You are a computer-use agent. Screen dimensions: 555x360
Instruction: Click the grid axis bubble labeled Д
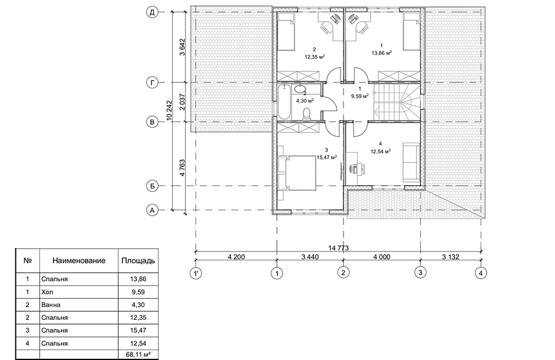coord(152,12)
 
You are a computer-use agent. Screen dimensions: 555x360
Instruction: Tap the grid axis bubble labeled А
coord(152,210)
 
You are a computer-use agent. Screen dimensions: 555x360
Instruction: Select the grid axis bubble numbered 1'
coord(196,273)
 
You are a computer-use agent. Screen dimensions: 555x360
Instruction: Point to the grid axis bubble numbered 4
coord(481,273)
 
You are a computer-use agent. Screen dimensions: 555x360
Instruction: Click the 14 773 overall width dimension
coord(338,248)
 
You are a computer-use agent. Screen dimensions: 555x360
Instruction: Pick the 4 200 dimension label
coord(236,257)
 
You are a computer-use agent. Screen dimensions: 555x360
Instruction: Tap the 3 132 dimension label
coord(451,257)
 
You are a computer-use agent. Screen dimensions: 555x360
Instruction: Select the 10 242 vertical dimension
coord(169,111)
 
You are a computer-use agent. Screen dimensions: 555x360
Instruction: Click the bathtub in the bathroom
coord(284,103)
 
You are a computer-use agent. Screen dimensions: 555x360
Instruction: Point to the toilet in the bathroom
coord(307,113)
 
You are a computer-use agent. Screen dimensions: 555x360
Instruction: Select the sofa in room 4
coord(411,163)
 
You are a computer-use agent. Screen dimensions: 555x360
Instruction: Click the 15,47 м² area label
coord(327,157)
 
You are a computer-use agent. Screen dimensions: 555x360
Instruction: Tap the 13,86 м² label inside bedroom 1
coord(382,53)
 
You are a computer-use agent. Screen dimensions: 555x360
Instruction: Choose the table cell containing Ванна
coord(79,305)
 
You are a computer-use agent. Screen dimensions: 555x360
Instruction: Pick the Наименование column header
coord(79,261)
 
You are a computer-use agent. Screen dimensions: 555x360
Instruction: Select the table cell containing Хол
coord(79,292)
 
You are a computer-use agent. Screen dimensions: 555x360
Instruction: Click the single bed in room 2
coord(286,31)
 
